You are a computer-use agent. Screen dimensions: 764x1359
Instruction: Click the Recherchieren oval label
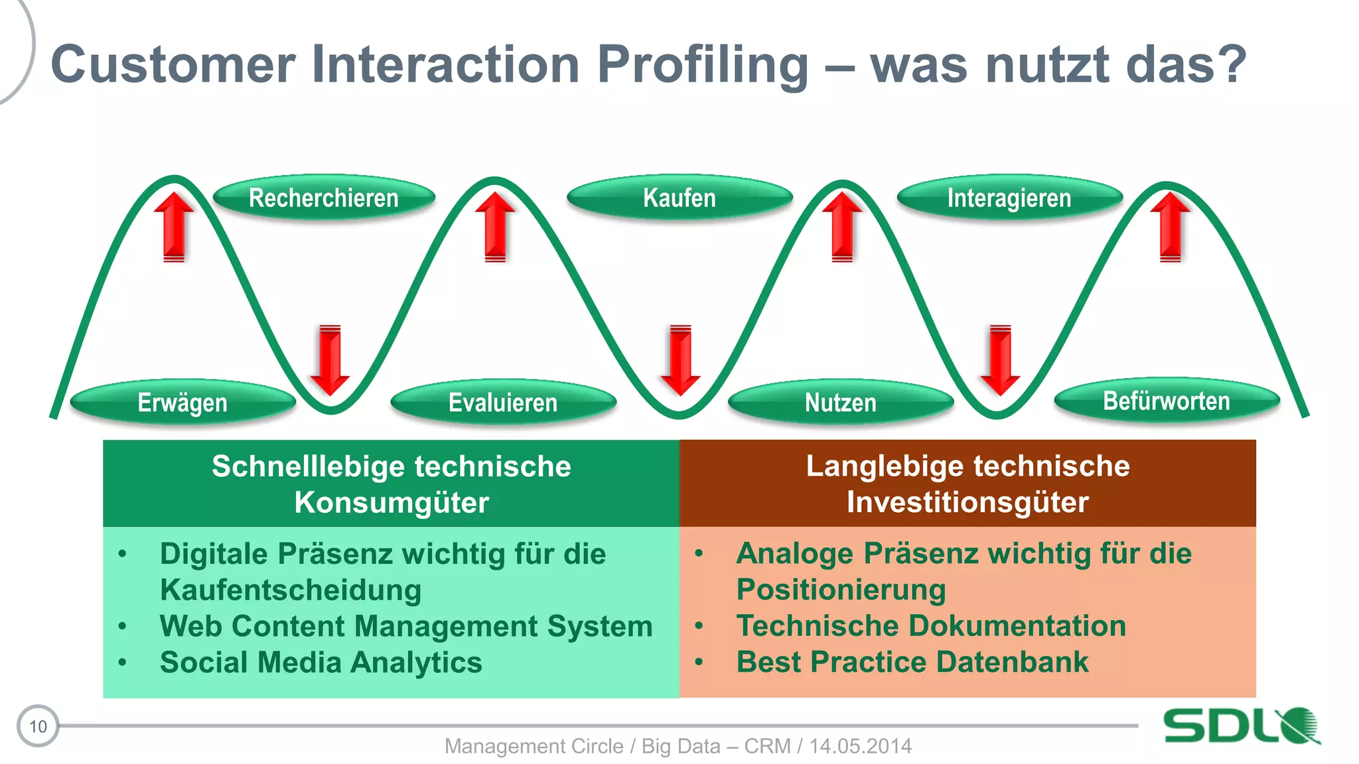click(324, 198)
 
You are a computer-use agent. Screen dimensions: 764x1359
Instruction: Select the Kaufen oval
click(679, 198)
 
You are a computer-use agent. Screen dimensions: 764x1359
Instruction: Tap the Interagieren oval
click(1009, 198)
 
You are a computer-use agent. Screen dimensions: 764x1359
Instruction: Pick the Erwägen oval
click(182, 403)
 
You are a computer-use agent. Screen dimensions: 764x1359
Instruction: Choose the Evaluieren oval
click(503, 403)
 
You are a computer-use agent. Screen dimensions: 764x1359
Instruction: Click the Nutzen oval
click(840, 403)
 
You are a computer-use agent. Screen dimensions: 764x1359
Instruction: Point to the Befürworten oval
click(1167, 401)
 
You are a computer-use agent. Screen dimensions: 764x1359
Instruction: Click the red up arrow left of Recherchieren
click(174, 225)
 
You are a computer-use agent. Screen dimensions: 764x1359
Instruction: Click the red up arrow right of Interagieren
click(1170, 225)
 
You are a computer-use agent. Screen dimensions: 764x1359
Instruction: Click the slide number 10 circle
click(38, 726)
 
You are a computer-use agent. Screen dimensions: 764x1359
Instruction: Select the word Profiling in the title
click(702, 64)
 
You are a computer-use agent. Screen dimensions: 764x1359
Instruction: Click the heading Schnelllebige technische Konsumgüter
click(392, 483)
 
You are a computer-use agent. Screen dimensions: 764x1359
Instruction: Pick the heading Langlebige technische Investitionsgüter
click(967, 483)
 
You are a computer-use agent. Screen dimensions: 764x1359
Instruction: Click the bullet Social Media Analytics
click(321, 662)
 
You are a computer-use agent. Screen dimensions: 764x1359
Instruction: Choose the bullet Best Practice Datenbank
click(912, 662)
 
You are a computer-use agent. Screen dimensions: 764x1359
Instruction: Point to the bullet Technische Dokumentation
click(931, 625)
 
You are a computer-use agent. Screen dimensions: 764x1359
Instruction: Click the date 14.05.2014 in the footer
click(860, 746)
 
